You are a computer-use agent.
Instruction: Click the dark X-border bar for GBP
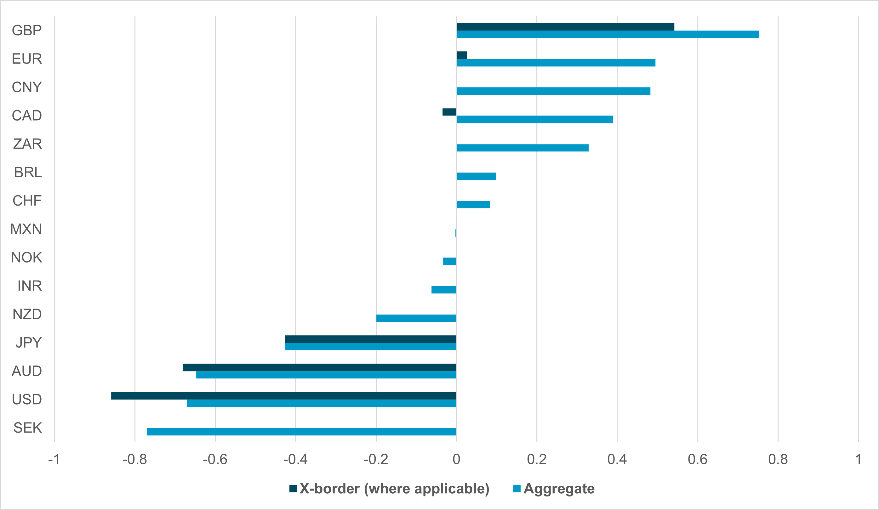point(565,27)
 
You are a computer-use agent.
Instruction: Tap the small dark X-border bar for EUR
point(461,55)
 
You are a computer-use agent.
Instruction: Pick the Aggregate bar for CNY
point(553,91)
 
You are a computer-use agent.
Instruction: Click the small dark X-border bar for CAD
point(449,112)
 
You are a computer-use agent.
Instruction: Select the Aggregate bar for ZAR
point(522,148)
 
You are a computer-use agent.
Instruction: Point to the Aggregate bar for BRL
point(476,176)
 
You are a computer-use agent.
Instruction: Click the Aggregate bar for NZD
point(416,318)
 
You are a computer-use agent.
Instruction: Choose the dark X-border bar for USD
point(283,396)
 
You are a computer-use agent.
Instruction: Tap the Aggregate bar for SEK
point(301,432)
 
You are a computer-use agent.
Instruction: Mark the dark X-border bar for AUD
point(319,367)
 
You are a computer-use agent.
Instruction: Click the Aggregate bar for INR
point(444,290)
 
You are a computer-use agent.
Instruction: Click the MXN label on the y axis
point(26,229)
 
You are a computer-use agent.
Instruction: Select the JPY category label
point(29,342)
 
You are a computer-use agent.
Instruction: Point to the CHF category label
point(27,201)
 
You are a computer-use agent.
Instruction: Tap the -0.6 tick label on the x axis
point(215,459)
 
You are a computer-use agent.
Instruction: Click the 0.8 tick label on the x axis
point(778,459)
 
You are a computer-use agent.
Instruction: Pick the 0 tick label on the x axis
point(456,459)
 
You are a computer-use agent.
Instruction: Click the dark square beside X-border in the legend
point(293,489)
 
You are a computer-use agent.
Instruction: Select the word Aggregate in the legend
point(559,489)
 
